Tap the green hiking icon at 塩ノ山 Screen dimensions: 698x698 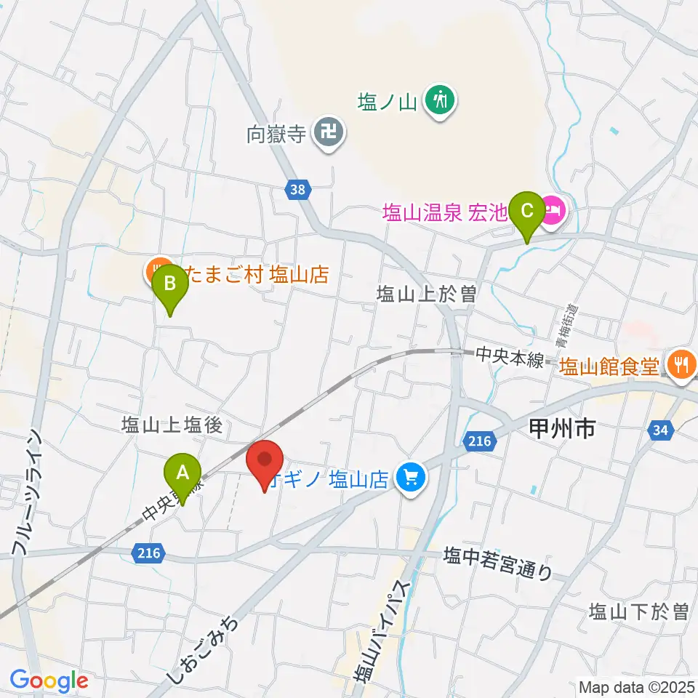[x=440, y=99]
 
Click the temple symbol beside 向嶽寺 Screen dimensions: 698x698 [x=330, y=132]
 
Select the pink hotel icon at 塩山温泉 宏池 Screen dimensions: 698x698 [x=554, y=213]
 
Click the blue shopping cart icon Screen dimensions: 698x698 [x=411, y=478]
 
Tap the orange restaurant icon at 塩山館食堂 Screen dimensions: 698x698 [x=681, y=363]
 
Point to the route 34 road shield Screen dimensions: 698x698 [x=659, y=431]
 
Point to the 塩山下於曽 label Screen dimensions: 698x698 [x=639, y=611]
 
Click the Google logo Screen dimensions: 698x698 [x=49, y=681]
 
